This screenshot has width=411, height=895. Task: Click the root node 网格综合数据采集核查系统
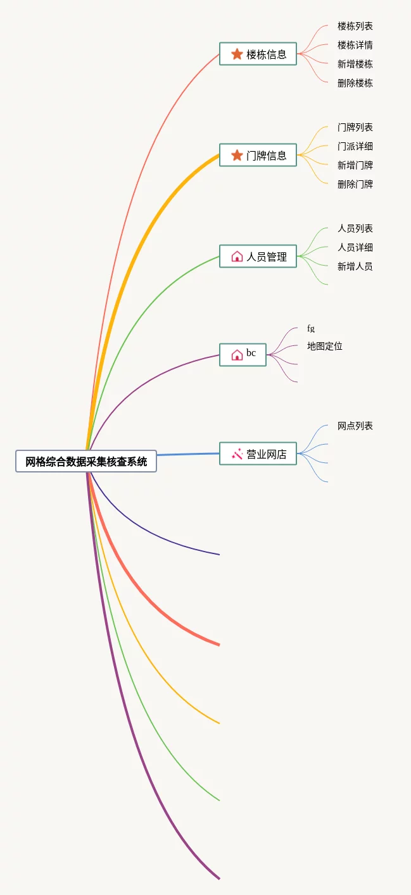pyautogui.click(x=86, y=462)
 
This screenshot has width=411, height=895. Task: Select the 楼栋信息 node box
pyautogui.click(x=258, y=54)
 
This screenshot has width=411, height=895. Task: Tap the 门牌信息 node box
pyautogui.click(x=258, y=156)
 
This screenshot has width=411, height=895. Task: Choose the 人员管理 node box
pyautogui.click(x=258, y=257)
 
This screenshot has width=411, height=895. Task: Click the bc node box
pyautogui.click(x=243, y=354)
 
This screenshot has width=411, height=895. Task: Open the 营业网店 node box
pyautogui.click(x=258, y=454)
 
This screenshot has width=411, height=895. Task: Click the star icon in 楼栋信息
pyautogui.click(x=237, y=54)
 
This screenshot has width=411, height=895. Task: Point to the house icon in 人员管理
pyautogui.click(x=237, y=257)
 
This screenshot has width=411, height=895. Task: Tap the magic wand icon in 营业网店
pyautogui.click(x=237, y=454)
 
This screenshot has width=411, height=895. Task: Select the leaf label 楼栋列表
pyautogui.click(x=355, y=27)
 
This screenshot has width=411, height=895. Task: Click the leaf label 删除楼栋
pyautogui.click(x=355, y=83)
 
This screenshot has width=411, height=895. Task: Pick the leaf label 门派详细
pyautogui.click(x=355, y=146)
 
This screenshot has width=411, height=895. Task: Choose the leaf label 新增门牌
pyautogui.click(x=355, y=165)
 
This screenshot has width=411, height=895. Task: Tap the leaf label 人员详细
pyautogui.click(x=355, y=247)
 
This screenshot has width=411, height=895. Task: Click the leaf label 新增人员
pyautogui.click(x=355, y=266)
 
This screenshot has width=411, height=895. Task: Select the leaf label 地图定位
pyautogui.click(x=324, y=346)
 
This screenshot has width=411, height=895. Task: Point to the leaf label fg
pyautogui.click(x=311, y=328)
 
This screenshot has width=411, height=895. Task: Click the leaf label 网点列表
pyautogui.click(x=355, y=426)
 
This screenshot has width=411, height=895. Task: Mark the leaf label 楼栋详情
pyautogui.click(x=355, y=45)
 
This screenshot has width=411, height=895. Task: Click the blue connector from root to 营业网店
pyautogui.click(x=188, y=454)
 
